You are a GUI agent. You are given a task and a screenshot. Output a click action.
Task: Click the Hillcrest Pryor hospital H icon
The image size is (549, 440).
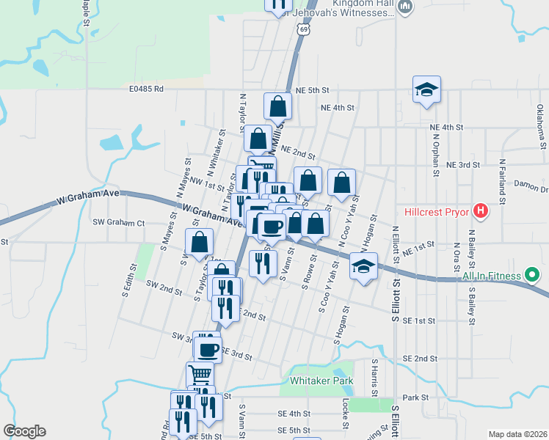[x=481, y=213]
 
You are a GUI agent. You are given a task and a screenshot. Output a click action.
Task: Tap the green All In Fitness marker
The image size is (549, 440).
[x=534, y=276]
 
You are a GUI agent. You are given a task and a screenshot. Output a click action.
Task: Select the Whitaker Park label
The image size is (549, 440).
[x=321, y=381]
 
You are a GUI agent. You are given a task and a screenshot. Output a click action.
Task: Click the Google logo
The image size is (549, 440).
[x=24, y=431]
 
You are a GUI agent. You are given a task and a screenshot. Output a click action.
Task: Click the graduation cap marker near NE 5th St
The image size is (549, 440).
[x=426, y=90]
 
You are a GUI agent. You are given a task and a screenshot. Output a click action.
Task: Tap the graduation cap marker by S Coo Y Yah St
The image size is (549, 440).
[x=363, y=266]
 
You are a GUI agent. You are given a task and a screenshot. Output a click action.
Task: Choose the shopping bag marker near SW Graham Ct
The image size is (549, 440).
[x=199, y=242]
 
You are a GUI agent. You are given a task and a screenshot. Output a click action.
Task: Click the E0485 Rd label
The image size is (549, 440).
[x=145, y=89]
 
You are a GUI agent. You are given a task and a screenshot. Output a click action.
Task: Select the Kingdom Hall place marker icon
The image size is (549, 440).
[x=406, y=7]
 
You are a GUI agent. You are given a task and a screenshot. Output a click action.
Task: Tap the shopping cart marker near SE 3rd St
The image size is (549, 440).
[x=200, y=373]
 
